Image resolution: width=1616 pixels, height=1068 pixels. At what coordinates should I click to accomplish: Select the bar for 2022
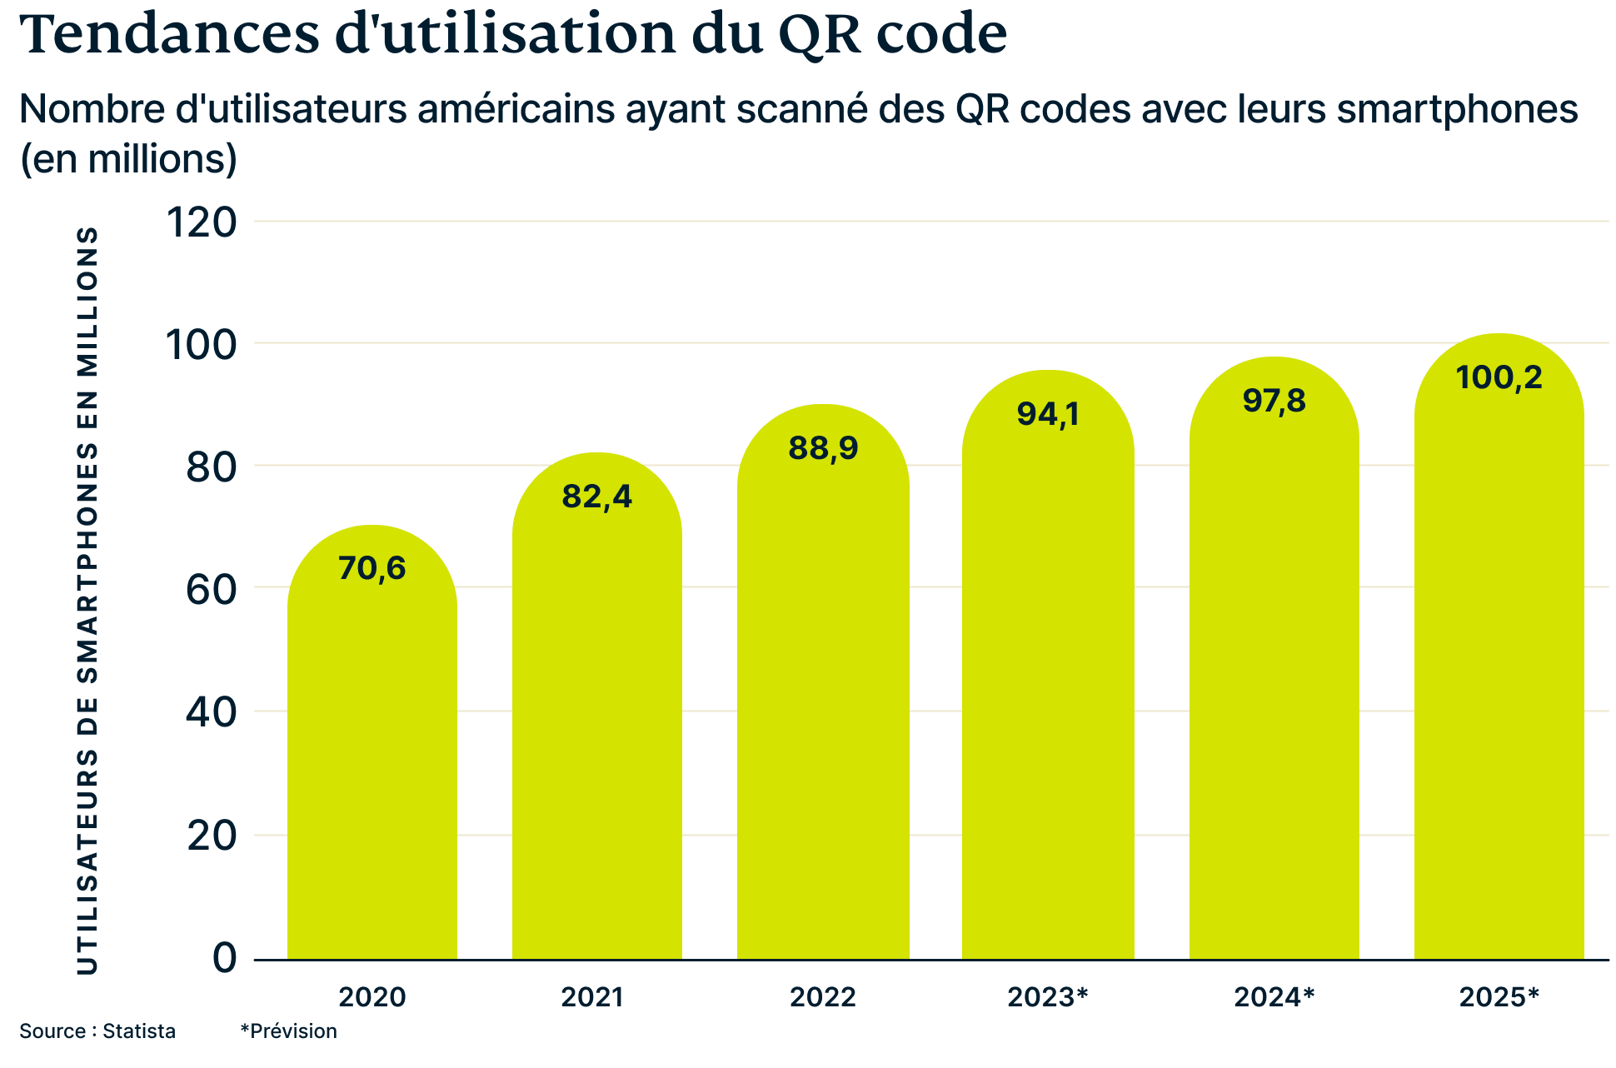pos(823,708)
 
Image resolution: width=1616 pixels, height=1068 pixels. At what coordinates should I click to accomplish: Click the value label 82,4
pos(596,497)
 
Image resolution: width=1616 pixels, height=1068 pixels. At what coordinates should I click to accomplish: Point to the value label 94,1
pos(1048,414)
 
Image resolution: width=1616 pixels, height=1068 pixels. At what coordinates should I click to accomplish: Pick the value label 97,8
pos(1274,401)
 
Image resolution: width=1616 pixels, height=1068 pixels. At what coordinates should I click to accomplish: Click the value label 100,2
pos(1499,377)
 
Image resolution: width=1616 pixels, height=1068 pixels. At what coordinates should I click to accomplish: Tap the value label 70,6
pos(372,568)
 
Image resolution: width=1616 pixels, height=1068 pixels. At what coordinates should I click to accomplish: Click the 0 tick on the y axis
pos(225,958)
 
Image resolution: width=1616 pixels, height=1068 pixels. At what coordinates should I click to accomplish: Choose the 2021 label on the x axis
pos(591,997)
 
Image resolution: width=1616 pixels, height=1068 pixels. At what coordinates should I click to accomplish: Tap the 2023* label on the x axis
pos(1048,997)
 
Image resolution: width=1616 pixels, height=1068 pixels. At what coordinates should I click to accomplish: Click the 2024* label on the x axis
pos(1274,997)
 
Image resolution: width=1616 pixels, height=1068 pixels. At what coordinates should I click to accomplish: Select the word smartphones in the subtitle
pos(1457,110)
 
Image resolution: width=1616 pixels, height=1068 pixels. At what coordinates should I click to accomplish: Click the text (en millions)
pos(128,159)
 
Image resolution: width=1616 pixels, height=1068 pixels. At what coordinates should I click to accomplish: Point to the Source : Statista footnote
pos(97,1031)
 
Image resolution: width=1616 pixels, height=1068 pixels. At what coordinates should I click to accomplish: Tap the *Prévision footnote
pos(288,1031)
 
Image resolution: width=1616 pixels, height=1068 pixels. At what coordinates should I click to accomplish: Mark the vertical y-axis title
pos(87,600)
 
